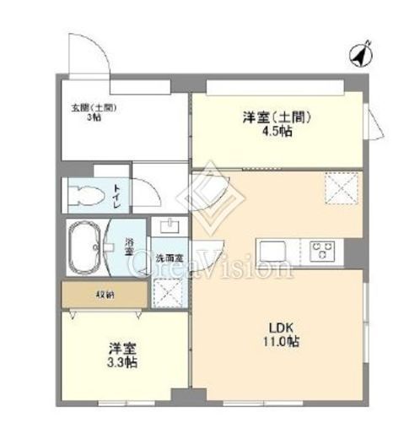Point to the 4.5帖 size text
pyautogui.click(x=277, y=133)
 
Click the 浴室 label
pyautogui.click(x=130, y=247)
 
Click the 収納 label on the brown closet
pyautogui.click(x=105, y=295)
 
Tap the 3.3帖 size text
pyautogui.click(x=122, y=361)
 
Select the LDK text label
pyautogui.click(x=281, y=328)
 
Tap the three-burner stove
pyautogui.click(x=324, y=251)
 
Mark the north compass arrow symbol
pyautogui.click(x=360, y=54)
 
